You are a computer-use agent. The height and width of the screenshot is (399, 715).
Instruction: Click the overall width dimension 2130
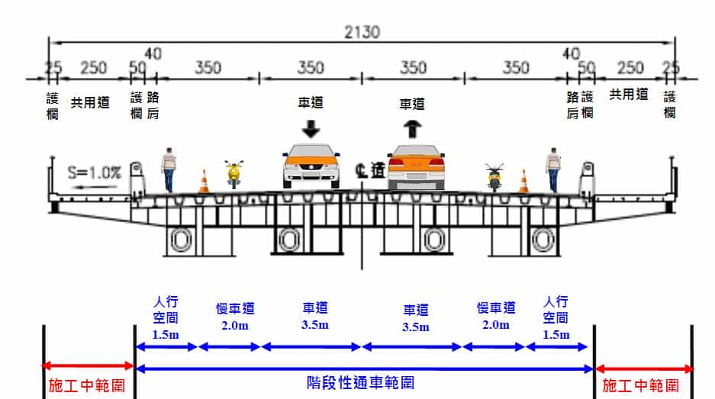coord(362,32)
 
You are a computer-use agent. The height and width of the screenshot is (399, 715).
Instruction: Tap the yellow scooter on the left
coord(234,174)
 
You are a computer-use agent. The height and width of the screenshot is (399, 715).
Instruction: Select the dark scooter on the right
coord(494,177)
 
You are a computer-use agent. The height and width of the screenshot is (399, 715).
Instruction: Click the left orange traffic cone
coord(204,182)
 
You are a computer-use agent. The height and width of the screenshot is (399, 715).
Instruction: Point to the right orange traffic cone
coord(523,182)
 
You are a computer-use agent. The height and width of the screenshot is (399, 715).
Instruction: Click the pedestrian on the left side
coord(169,169)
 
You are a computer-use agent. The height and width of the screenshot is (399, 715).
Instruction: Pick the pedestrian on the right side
coord(552,169)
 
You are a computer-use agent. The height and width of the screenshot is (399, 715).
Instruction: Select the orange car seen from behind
coord(415,167)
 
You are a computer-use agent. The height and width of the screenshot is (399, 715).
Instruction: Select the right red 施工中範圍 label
coord(642,385)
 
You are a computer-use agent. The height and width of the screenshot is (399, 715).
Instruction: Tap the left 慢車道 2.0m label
coord(235,317)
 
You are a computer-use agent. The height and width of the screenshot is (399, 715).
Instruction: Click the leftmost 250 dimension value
coord(93,68)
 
